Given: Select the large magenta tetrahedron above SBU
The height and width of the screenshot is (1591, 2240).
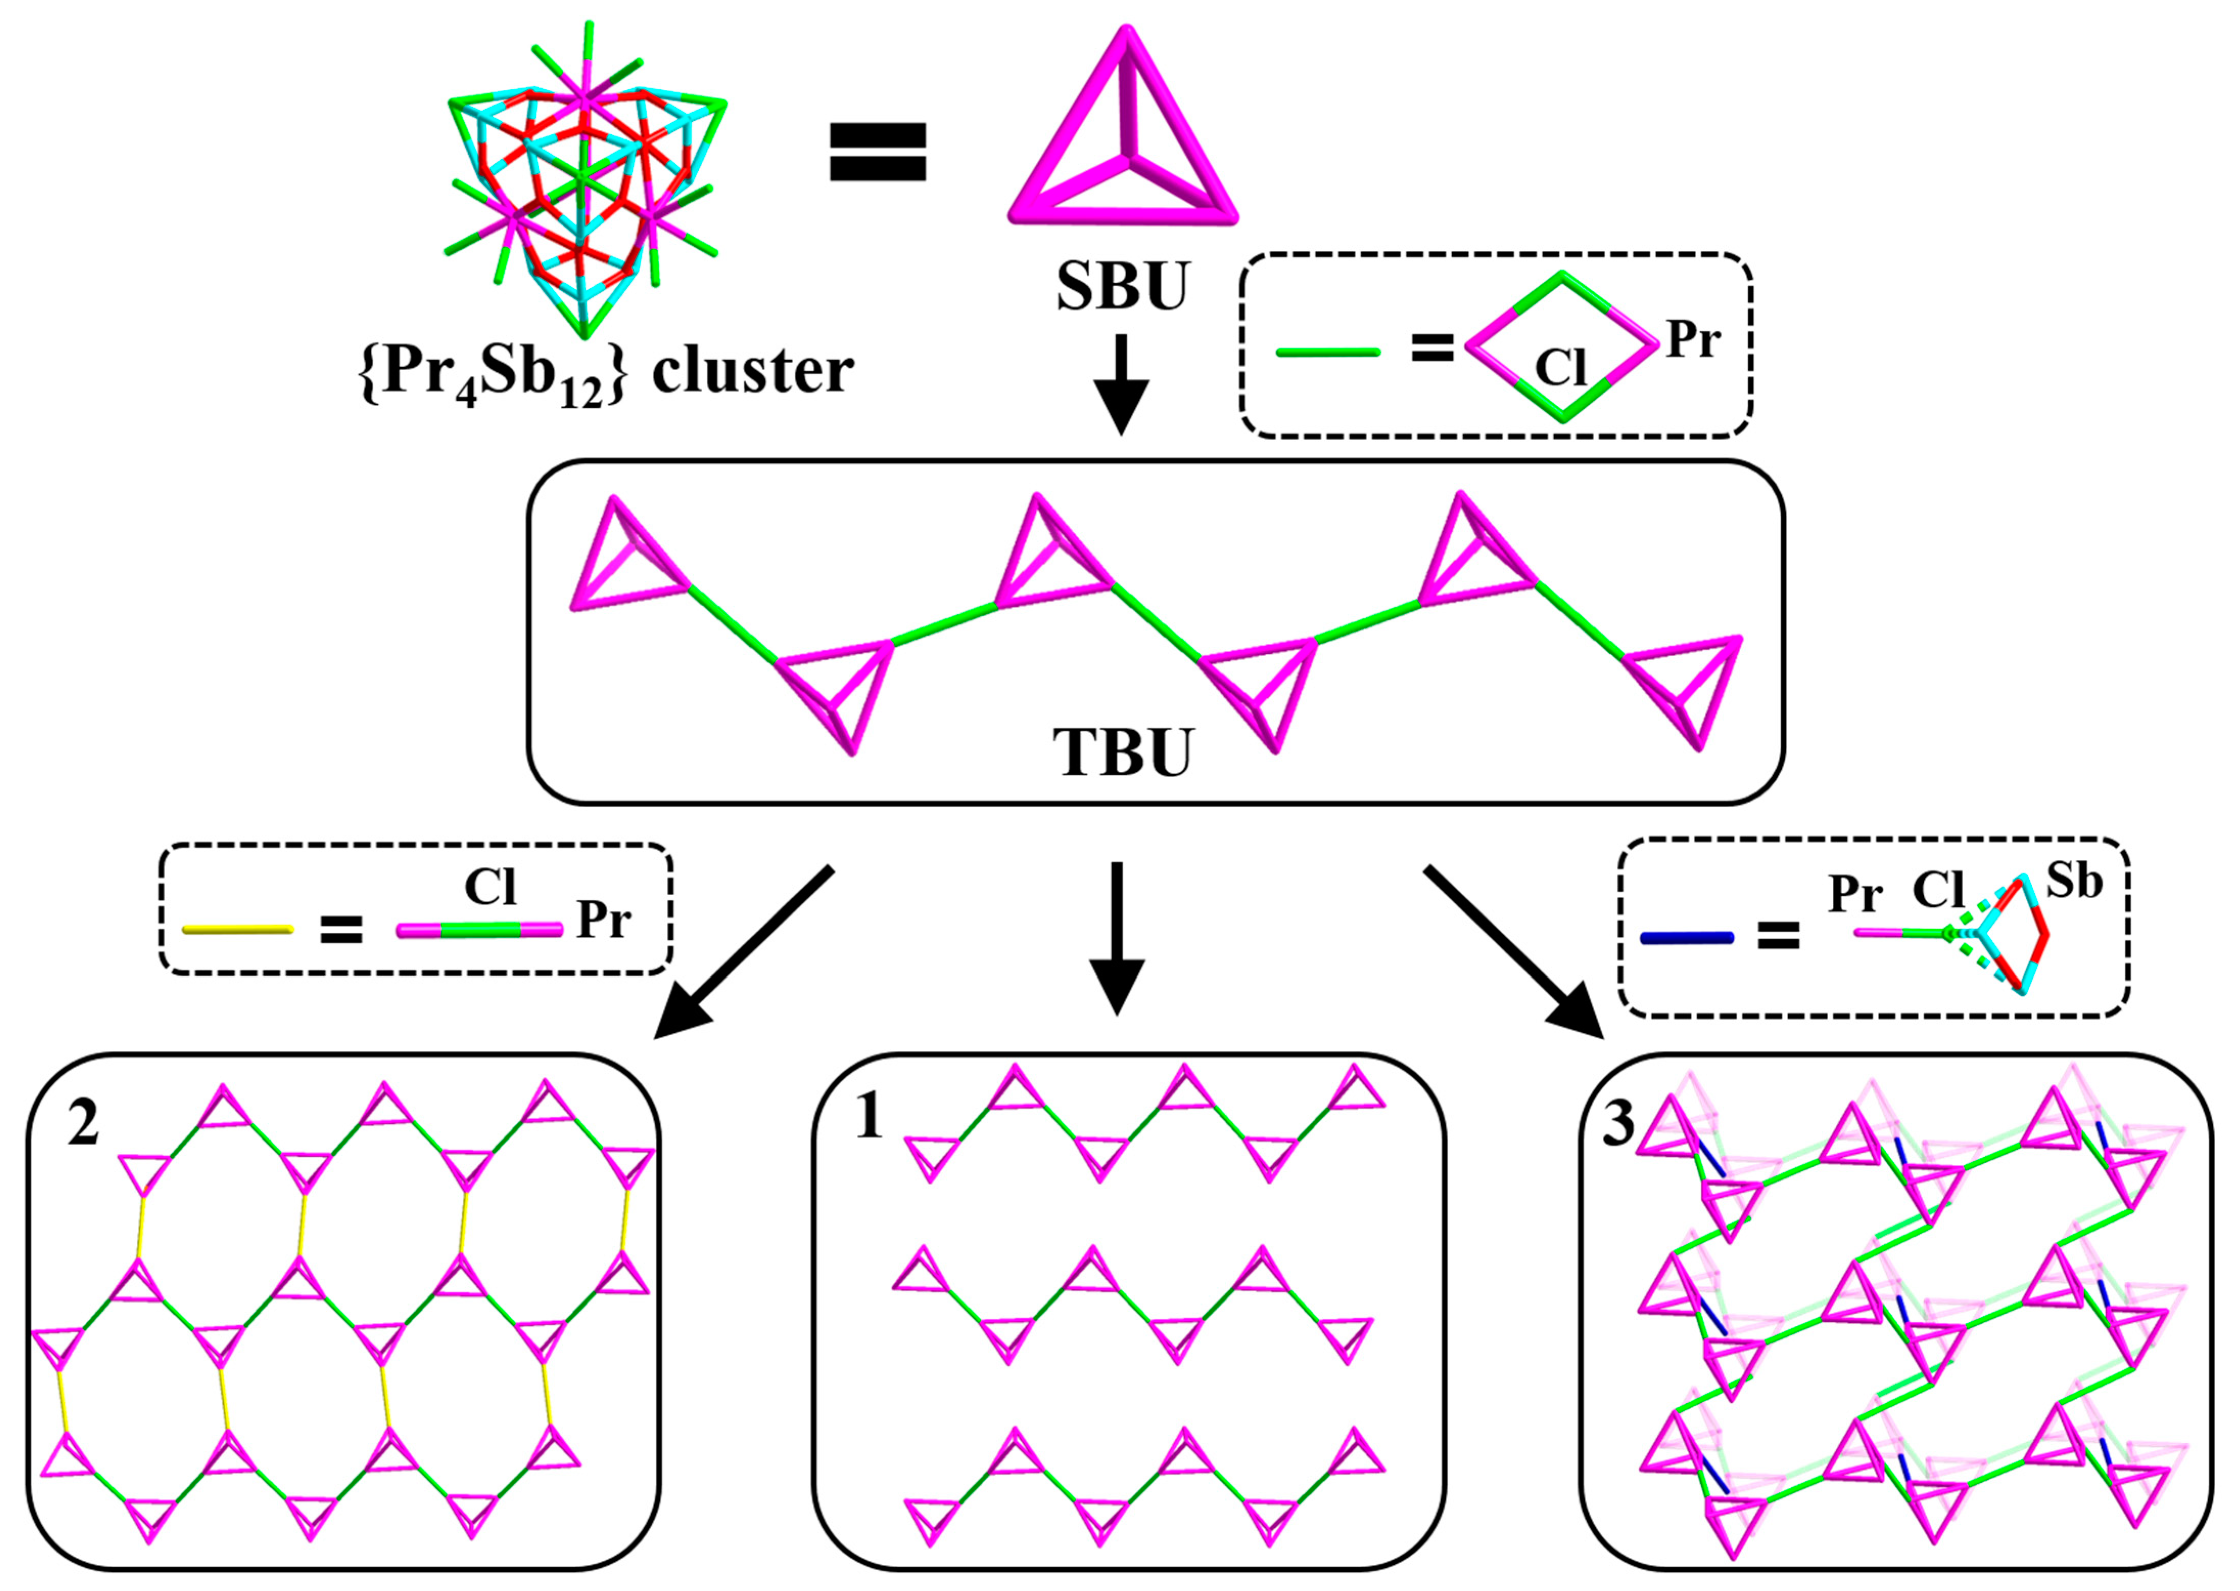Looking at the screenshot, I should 1124,137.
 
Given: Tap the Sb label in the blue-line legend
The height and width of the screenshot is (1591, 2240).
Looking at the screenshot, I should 2075,882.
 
